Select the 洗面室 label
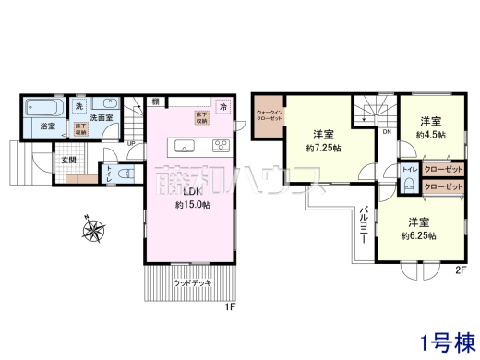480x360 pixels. [101, 117]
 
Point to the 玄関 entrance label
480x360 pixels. [70, 159]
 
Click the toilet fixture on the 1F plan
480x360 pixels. [126, 174]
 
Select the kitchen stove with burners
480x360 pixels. [222, 143]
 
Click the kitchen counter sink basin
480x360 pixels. [182, 144]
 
